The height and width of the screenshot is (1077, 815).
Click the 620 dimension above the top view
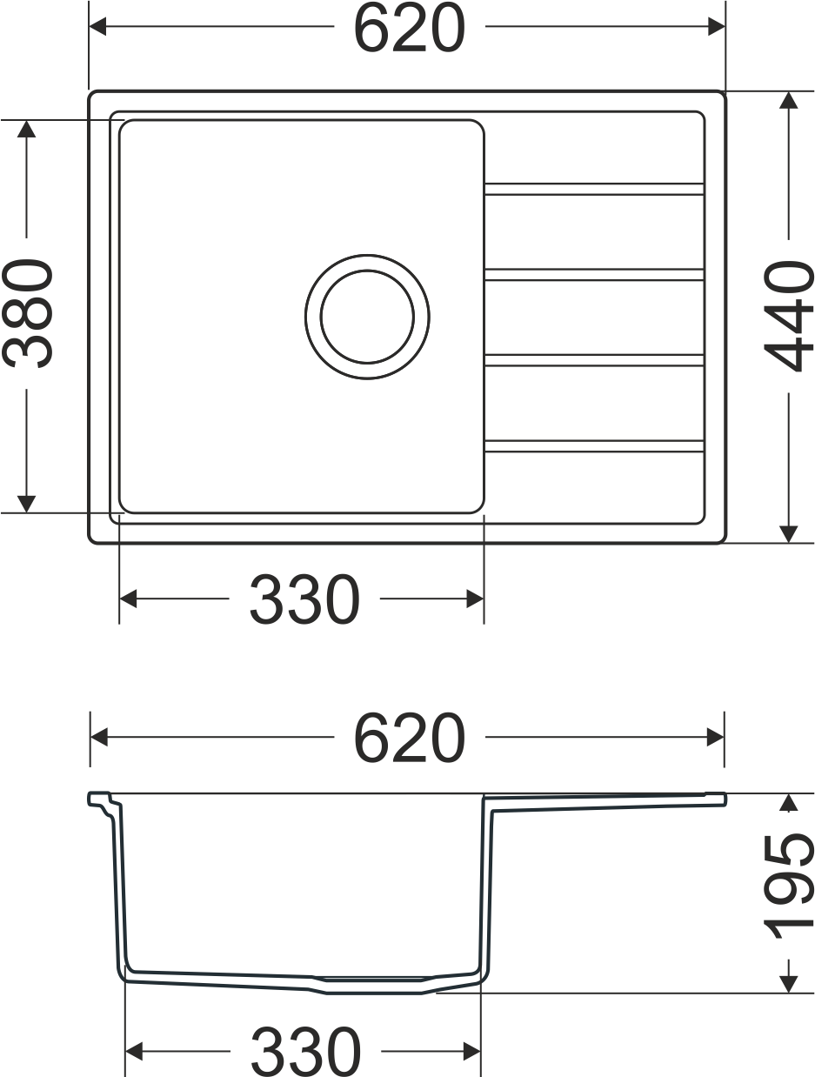[x=409, y=28]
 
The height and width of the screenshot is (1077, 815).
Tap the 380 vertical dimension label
[x=28, y=313]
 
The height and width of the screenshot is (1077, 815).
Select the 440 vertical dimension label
[x=789, y=316]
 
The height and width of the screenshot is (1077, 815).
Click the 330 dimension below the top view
[x=304, y=599]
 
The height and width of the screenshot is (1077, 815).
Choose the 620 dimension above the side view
[x=409, y=738]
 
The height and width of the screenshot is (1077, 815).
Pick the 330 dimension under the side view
[x=305, y=1052]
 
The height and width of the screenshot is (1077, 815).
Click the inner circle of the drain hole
[x=367, y=317]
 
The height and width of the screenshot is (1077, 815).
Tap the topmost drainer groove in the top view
[x=594, y=190]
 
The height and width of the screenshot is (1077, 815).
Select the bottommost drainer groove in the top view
[x=594, y=446]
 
